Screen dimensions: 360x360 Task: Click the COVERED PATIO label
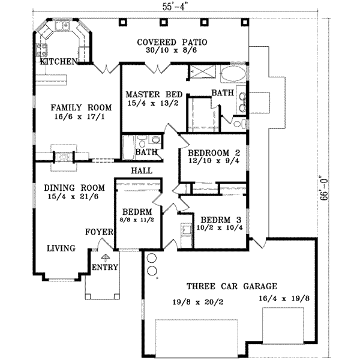click(x=172, y=43)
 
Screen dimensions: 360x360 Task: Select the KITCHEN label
click(x=58, y=62)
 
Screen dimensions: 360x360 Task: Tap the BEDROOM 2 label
click(x=214, y=152)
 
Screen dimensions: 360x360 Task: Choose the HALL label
click(x=140, y=171)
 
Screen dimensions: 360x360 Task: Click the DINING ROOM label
click(x=74, y=187)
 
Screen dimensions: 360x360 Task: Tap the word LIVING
click(x=61, y=248)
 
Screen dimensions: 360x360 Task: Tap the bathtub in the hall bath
click(x=129, y=148)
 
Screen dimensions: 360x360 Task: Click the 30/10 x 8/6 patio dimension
click(x=172, y=52)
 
